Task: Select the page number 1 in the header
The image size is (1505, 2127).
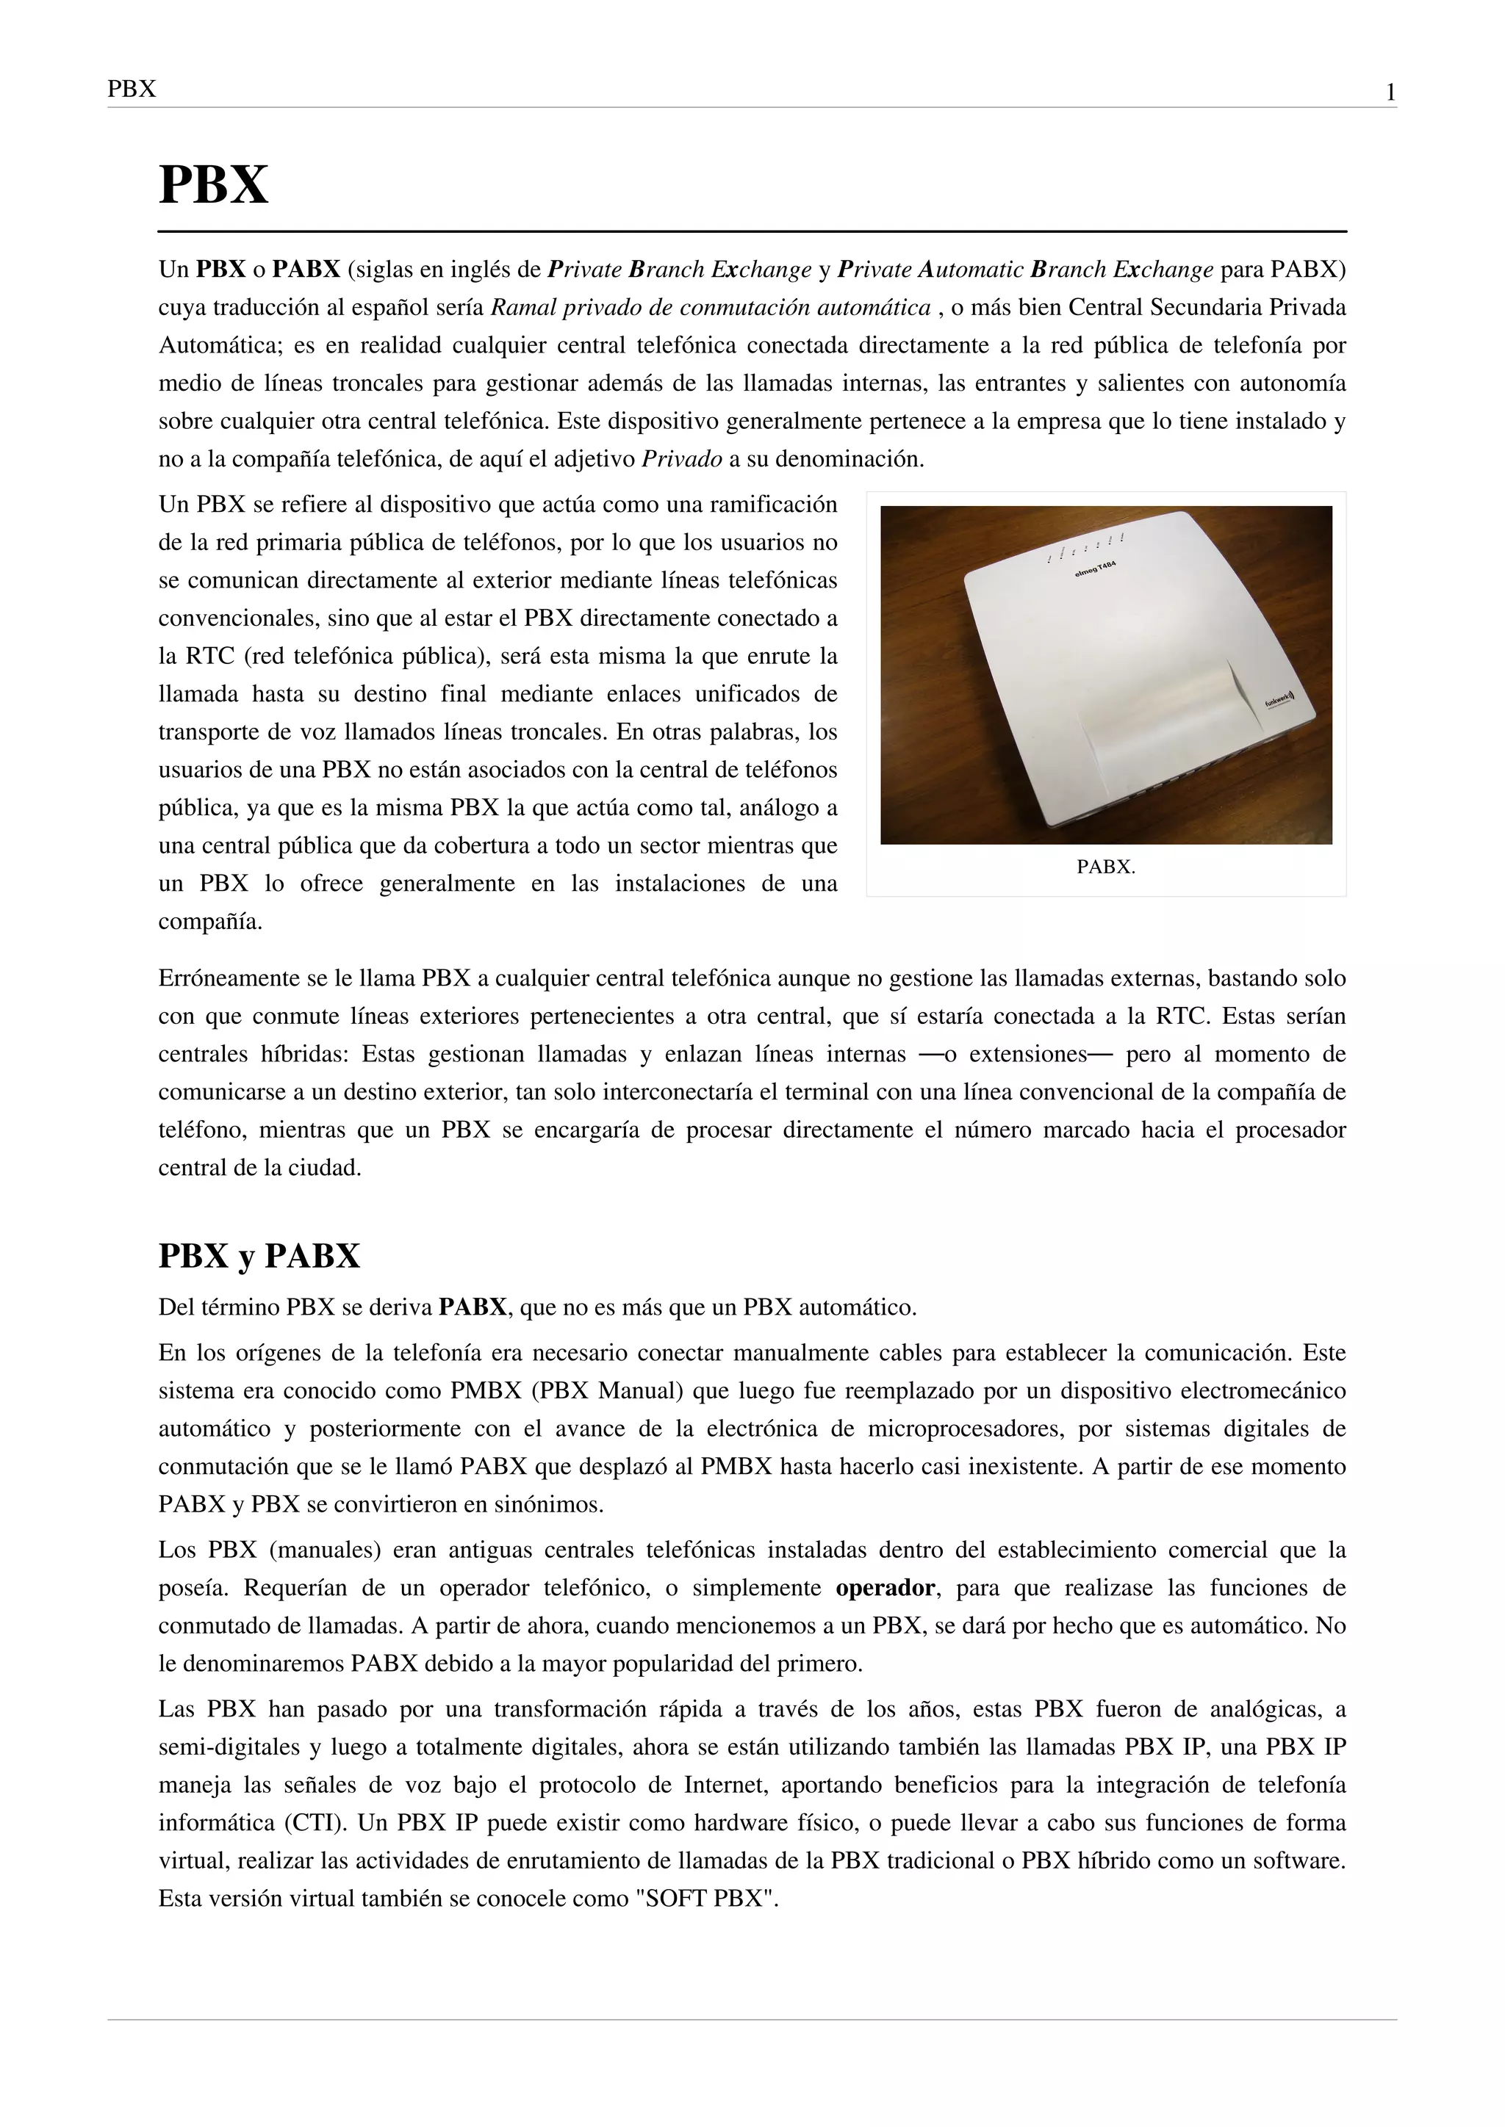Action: coord(1390,93)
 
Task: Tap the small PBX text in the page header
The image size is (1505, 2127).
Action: coord(132,90)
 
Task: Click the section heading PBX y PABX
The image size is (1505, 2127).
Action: coord(259,1256)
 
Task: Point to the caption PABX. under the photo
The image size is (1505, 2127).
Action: coord(1105,867)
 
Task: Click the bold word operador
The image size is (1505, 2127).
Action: coord(885,1588)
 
